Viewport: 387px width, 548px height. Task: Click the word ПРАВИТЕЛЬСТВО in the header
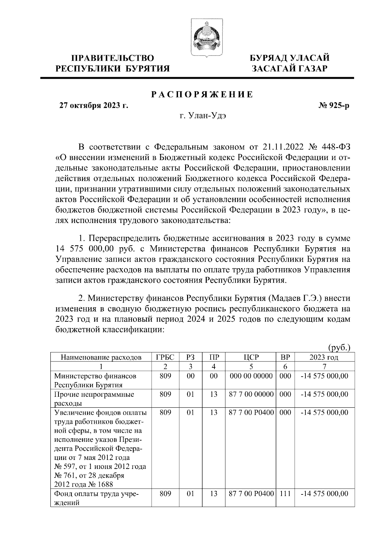tap(113, 58)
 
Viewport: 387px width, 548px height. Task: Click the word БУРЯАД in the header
tap(269, 58)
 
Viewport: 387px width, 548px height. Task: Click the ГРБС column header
tap(165, 357)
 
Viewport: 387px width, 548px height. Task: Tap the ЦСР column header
tap(251, 357)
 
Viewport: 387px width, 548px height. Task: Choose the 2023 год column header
tap(324, 357)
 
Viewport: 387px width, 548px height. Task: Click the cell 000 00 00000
tap(251, 376)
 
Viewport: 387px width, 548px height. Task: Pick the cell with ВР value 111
tap(285, 494)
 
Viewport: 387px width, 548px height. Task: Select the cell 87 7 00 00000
tap(251, 394)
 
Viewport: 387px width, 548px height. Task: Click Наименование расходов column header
tap(101, 357)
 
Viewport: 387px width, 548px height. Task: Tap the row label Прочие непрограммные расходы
tap(94, 399)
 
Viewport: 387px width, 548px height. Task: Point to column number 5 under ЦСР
tap(251, 367)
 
